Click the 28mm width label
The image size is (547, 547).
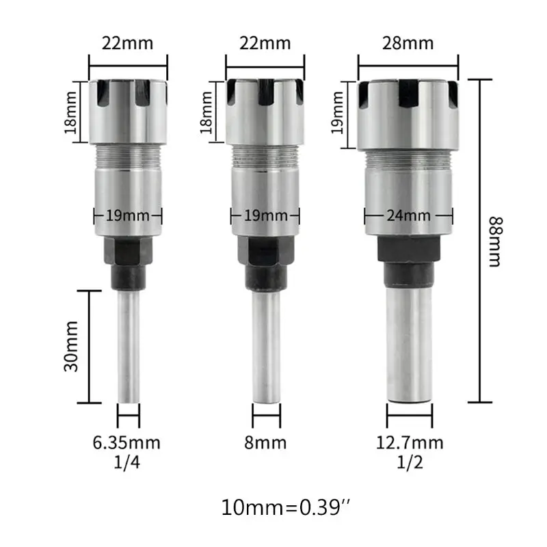click(408, 44)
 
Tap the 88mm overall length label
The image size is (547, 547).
click(495, 241)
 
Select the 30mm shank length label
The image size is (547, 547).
click(71, 347)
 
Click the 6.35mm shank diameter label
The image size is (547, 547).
click(126, 442)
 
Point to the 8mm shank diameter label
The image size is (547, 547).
click(265, 442)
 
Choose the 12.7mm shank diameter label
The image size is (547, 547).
click(410, 442)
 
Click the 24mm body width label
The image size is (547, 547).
click(408, 215)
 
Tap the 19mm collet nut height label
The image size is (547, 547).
click(338, 112)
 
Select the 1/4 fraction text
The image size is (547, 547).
click(127, 462)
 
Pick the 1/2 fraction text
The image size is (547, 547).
click(410, 462)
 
